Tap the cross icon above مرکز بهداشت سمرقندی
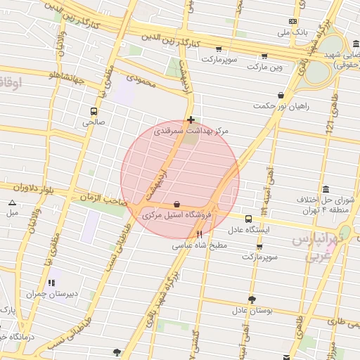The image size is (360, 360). coord(191,120)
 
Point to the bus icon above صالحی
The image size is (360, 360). coord(94,111)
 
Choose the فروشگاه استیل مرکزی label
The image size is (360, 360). coord(176,215)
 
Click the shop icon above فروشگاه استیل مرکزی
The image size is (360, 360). coord(176,204)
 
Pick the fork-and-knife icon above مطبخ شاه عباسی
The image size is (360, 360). coord(200,235)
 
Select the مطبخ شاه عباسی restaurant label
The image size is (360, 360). coord(199,246)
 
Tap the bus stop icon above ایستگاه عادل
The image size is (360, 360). coord(247,219)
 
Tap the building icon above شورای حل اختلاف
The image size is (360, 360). coord(326,189)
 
